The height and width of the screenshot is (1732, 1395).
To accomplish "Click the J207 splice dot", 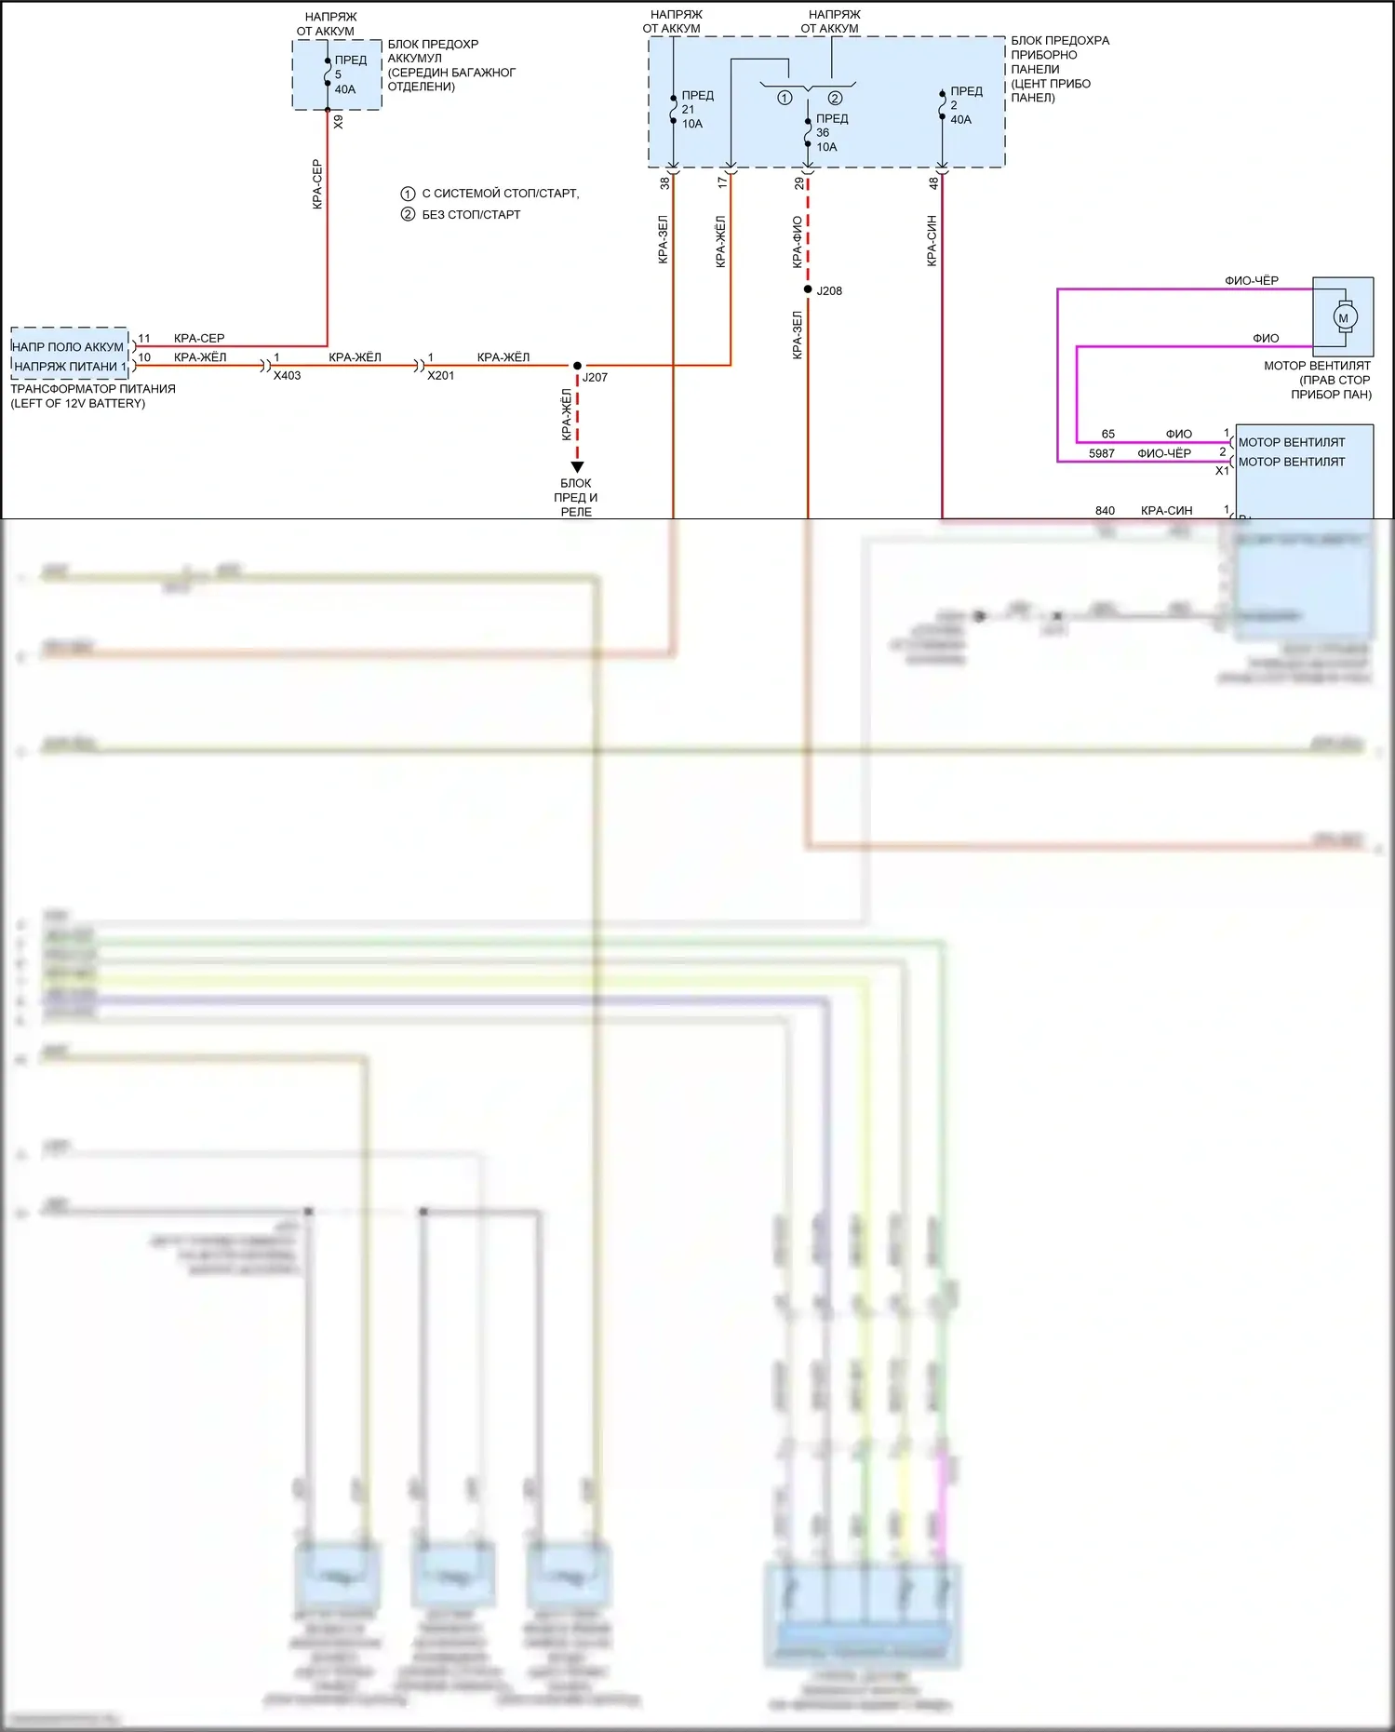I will pos(577,366).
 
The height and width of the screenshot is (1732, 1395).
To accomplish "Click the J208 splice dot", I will pos(808,289).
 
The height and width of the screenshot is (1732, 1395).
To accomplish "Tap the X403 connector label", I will pos(287,376).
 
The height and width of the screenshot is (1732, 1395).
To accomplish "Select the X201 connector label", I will pos(440,376).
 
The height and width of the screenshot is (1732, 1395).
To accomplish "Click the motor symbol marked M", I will pos(1342,317).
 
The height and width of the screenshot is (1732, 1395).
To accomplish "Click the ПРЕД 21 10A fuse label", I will pos(695,109).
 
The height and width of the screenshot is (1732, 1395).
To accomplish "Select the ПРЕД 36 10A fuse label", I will pos(829,132).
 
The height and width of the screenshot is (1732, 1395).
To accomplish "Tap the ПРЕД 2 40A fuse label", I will pos(964,105).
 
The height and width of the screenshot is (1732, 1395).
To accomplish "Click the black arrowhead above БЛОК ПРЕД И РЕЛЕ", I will pos(577,467).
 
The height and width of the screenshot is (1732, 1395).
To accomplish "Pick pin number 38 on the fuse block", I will pos(664,183).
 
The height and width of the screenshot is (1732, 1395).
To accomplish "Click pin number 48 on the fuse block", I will pos(932,183).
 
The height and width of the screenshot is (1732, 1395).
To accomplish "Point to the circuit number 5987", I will pos(1101,453).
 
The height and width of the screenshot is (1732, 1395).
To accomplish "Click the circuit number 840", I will pos(1105,510).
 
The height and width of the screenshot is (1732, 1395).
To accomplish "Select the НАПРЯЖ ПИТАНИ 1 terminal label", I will pos(69,367).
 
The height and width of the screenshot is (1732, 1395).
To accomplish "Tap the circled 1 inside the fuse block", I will pos(785,98).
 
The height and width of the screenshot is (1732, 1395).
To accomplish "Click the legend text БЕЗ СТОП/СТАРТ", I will pos(471,215).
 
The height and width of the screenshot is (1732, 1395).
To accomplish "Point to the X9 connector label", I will pos(338,122).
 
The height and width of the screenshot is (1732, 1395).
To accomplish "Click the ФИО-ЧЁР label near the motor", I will pos(1251,280).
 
